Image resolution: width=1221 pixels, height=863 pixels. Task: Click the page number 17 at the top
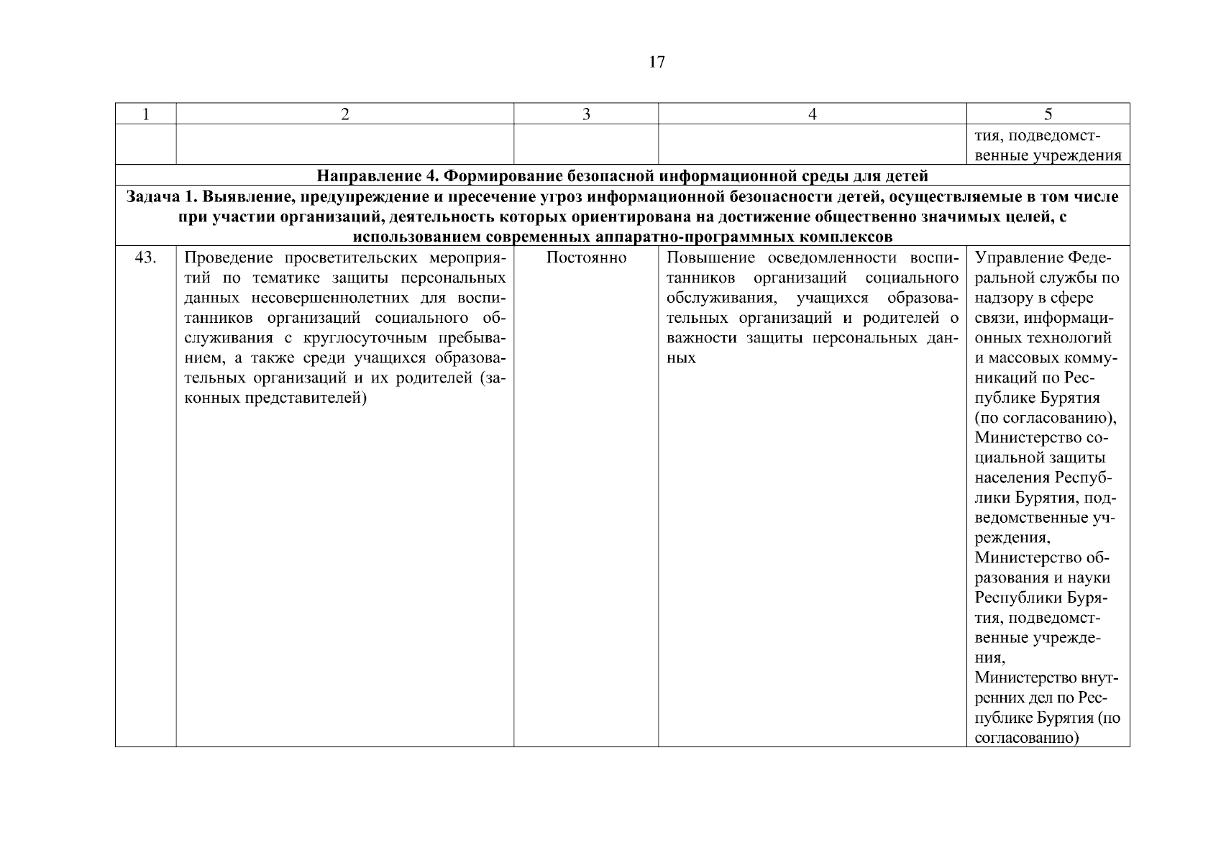click(657, 63)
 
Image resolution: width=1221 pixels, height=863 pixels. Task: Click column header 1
click(146, 114)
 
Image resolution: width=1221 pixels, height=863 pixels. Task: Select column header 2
click(345, 114)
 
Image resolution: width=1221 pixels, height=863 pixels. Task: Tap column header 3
click(586, 114)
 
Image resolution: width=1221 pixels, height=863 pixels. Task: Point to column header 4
click(813, 114)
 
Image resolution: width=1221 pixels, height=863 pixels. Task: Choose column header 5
click(1048, 114)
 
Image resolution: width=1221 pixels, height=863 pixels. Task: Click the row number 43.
click(146, 257)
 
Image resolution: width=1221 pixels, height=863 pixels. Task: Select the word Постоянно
click(586, 257)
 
